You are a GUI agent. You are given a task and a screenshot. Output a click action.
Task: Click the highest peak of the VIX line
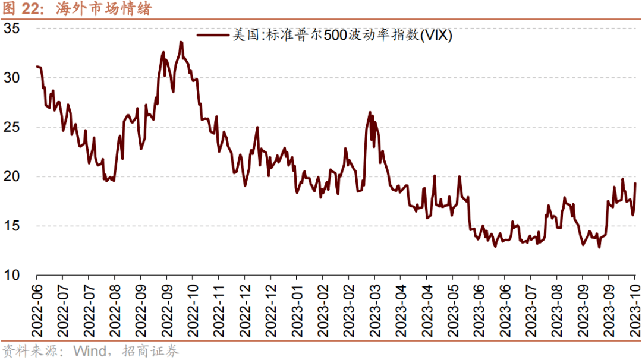[x=181, y=42]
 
